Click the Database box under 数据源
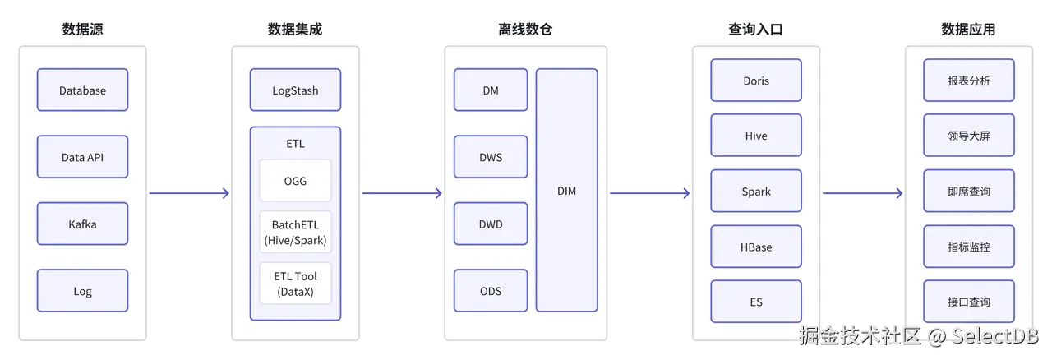coord(82,90)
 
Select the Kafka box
coord(82,224)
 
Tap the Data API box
coord(82,157)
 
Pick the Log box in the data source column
coord(82,291)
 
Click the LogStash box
coord(295,90)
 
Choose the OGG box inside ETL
coord(295,180)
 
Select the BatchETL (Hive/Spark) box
coord(295,232)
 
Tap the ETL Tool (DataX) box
coord(295,284)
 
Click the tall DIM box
coord(566,191)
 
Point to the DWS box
coord(491,157)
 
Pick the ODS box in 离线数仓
coord(491,291)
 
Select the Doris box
coord(755,81)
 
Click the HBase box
coord(755,247)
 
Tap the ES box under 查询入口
coord(755,302)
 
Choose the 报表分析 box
coord(968,81)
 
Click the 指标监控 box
coord(968,247)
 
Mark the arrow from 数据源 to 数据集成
coord(189,193)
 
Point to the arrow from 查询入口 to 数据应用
coord(862,193)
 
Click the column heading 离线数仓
coord(525,30)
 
